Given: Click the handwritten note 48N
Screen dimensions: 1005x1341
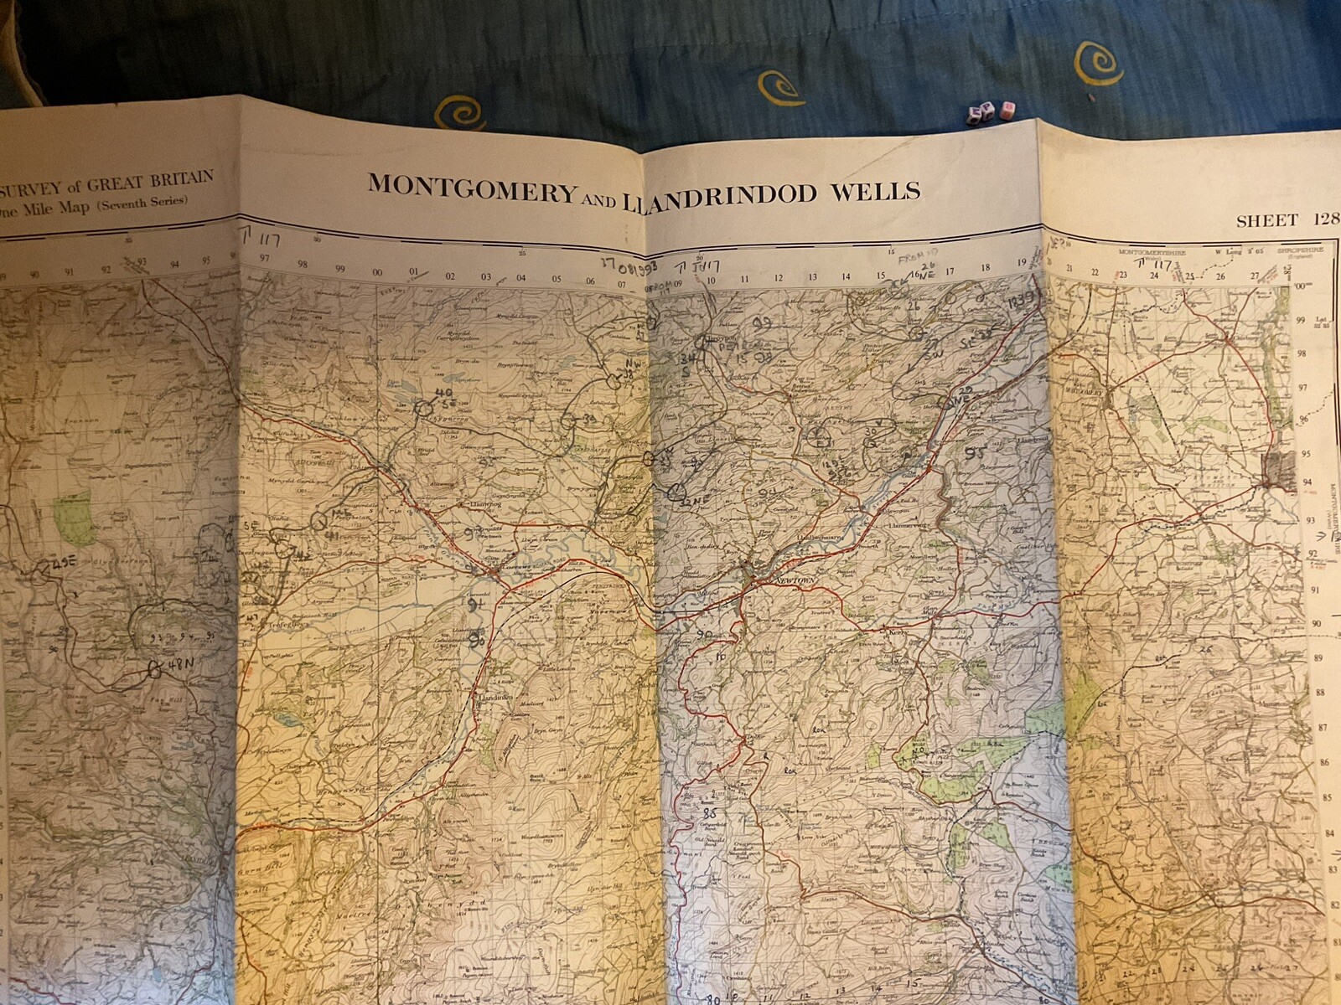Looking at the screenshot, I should point(180,664).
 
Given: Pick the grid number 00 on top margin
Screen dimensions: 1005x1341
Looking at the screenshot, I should point(377,273).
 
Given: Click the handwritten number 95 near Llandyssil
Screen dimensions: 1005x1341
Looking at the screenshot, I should point(974,452).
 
